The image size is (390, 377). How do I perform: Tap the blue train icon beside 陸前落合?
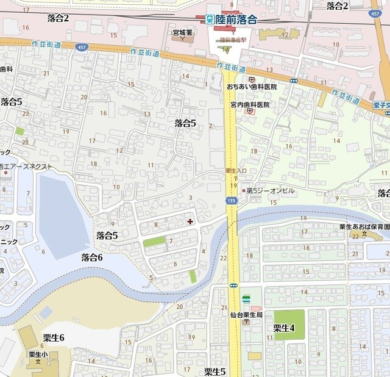[210, 20]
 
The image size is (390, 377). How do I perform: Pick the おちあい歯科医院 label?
[252, 87]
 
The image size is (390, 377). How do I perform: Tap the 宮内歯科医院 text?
[249, 104]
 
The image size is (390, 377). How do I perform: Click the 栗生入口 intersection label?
[235, 170]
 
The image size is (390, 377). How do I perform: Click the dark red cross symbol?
[190, 221]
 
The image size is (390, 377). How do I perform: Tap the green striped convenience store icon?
[246, 298]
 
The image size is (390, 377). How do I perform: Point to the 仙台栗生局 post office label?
[246, 314]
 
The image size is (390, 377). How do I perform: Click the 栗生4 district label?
[283, 328]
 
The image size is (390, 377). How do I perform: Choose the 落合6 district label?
[92, 257]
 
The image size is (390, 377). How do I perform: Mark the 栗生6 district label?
[54, 337]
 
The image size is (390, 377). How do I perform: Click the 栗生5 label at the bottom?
[214, 371]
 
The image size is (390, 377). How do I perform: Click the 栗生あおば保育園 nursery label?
[363, 227]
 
